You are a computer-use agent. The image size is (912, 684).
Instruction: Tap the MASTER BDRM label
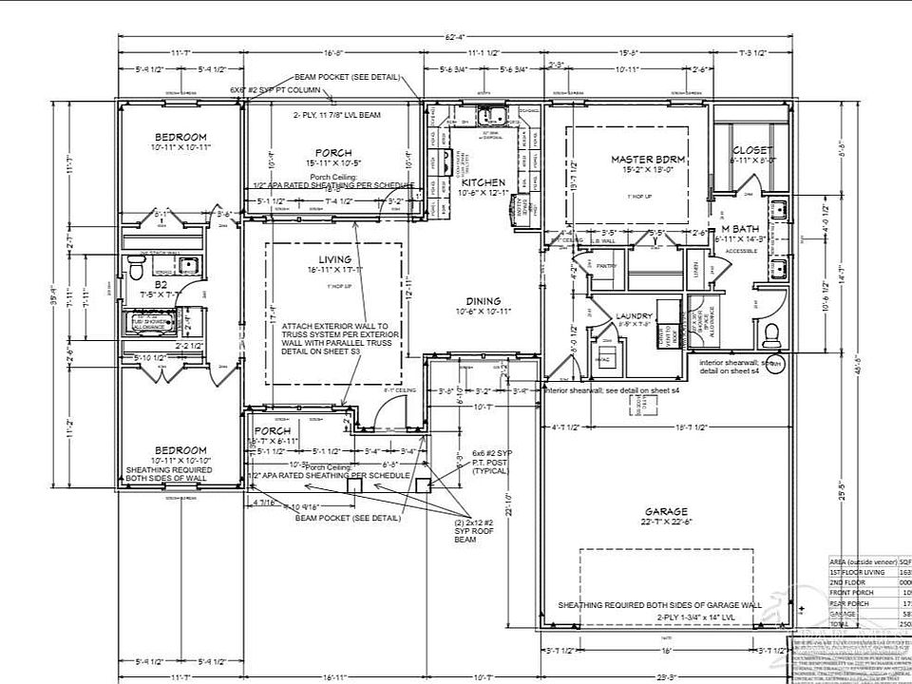coord(648,159)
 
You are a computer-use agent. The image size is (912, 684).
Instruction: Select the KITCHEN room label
coord(484,181)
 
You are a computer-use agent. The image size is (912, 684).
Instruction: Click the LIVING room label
coord(334,259)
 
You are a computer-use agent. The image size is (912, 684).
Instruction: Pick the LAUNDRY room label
coord(634,315)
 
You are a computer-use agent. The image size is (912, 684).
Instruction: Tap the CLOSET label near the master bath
coord(752,150)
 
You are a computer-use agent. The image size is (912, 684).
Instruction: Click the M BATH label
coord(738,229)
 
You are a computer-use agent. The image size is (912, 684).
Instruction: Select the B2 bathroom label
coord(161,283)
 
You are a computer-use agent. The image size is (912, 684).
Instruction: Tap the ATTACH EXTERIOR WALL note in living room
coord(329,338)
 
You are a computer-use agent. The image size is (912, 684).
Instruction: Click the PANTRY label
coord(608,266)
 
